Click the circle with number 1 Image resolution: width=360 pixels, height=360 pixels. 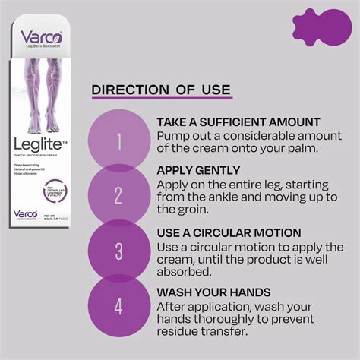(x=118, y=141)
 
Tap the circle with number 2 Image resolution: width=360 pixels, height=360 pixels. (x=118, y=195)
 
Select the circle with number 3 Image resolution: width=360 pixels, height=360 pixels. (x=118, y=251)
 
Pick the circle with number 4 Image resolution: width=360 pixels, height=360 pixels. (x=118, y=308)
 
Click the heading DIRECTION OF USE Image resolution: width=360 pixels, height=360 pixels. (x=161, y=90)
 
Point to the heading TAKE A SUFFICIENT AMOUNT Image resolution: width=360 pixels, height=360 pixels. (x=238, y=122)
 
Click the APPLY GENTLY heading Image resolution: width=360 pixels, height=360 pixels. (x=197, y=170)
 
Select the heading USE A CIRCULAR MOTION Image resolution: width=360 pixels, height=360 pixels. (x=229, y=232)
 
